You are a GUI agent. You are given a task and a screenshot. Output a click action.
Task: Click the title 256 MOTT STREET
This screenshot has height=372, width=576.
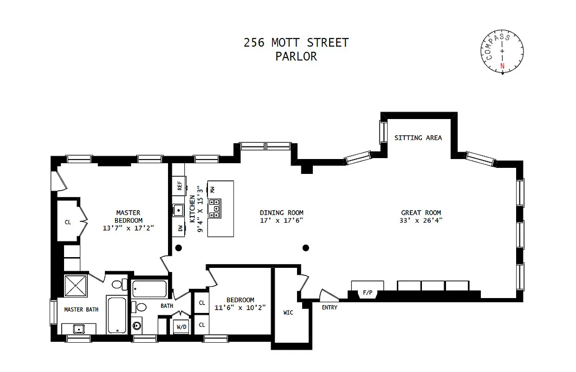pyautogui.click(x=296, y=43)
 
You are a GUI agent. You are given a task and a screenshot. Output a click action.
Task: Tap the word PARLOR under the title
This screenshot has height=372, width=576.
pyautogui.click(x=296, y=57)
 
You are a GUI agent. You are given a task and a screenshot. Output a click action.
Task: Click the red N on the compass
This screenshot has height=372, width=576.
pyautogui.click(x=502, y=66)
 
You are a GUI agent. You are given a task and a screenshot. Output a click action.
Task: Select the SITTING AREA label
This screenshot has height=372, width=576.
pyautogui.click(x=418, y=138)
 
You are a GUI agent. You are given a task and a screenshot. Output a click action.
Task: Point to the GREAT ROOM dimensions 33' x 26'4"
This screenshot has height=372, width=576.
pyautogui.click(x=421, y=220)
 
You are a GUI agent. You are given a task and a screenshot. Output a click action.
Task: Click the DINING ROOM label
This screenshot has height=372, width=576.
pyautogui.click(x=281, y=213)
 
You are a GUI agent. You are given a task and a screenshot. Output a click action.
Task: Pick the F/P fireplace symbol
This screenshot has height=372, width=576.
pyautogui.click(x=367, y=293)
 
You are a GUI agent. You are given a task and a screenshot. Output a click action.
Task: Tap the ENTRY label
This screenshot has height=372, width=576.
pyautogui.click(x=330, y=307)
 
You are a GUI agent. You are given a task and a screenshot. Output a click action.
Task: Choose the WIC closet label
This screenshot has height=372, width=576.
pyautogui.click(x=288, y=312)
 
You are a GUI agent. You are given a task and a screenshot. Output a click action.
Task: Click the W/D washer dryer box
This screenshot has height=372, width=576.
pyautogui.click(x=181, y=326)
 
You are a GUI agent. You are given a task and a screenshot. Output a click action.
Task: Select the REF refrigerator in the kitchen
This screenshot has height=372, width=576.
pyautogui.click(x=179, y=186)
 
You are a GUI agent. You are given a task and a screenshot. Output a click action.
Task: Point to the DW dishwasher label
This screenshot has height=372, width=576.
pyautogui.click(x=179, y=228)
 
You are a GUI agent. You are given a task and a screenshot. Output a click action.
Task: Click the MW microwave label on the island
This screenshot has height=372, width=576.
pyautogui.click(x=212, y=190)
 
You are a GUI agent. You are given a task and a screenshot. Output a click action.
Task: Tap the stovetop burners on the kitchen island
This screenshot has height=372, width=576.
pyautogui.click(x=214, y=208)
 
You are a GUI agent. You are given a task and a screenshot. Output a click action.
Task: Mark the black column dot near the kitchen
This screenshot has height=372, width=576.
pyautogui.click(x=178, y=248)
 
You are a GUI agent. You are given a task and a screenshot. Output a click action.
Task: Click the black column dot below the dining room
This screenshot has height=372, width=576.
pyautogui.click(x=305, y=248)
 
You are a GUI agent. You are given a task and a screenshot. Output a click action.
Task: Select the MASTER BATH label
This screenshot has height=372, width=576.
pyautogui.click(x=81, y=310)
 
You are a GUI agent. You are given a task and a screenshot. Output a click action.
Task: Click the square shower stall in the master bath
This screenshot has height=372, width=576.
pyautogui.click(x=77, y=286)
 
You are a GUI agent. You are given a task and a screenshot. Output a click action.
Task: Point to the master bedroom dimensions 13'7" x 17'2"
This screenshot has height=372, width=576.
pyautogui.click(x=128, y=228)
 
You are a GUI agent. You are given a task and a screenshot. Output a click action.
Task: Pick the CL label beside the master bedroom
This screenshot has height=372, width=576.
pyautogui.click(x=68, y=222)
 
